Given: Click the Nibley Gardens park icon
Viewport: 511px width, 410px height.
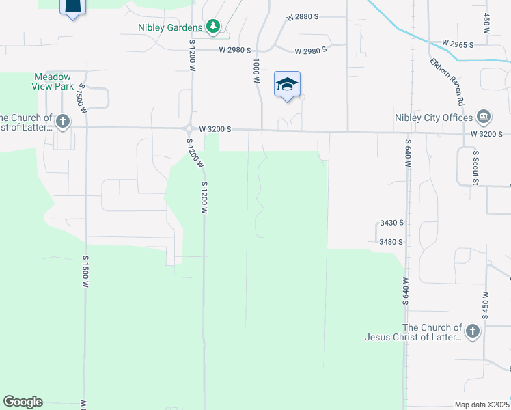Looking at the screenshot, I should [x=214, y=27].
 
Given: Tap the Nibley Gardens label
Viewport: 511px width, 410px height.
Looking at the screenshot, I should [x=170, y=27].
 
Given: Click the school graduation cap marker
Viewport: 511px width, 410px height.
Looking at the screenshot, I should [x=287, y=85].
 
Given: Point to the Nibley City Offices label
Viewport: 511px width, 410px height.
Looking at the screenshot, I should [x=433, y=118].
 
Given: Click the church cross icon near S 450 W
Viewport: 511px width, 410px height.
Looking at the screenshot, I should [x=472, y=332].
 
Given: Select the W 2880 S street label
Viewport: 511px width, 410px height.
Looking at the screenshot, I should [x=303, y=16].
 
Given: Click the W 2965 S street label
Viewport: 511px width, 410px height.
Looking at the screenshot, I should [x=458, y=44].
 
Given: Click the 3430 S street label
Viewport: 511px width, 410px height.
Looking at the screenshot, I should [x=391, y=223].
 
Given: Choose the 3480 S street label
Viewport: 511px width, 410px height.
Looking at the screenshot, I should [x=391, y=241].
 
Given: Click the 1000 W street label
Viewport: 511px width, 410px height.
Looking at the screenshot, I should [x=256, y=70].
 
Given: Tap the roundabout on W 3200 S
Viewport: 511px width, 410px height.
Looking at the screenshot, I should [x=190, y=128].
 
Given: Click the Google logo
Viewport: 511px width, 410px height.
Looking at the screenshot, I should [x=23, y=402].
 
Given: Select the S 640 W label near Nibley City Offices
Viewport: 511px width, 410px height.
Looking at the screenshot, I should [x=408, y=156].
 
